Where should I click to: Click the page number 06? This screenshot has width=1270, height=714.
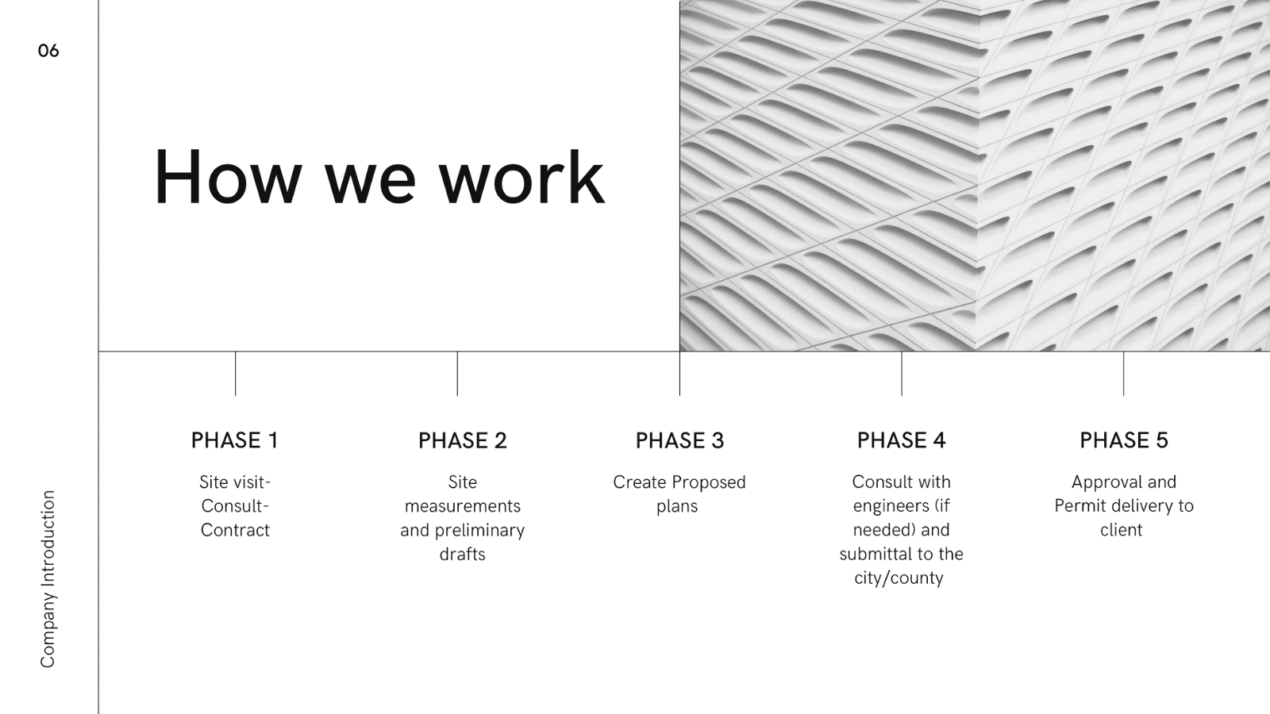[48, 51]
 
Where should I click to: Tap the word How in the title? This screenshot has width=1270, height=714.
[227, 177]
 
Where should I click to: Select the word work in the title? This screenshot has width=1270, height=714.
[521, 177]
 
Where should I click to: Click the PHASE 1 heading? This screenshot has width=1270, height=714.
[235, 440]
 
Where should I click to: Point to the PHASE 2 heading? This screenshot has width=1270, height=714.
[463, 440]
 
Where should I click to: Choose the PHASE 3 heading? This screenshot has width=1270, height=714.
[679, 440]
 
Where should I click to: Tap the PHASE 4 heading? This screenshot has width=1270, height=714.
[902, 440]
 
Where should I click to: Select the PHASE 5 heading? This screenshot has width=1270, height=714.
[1124, 440]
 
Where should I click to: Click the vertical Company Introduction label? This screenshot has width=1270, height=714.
[48, 579]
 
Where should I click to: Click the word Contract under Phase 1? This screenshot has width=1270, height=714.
[235, 531]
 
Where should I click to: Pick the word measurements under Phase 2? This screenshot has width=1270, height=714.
[463, 506]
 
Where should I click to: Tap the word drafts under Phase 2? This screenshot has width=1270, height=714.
[463, 555]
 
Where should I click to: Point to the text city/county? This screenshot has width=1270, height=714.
[899, 578]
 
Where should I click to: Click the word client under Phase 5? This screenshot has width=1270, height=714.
[1122, 531]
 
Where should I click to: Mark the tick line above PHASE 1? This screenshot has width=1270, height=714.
[235, 374]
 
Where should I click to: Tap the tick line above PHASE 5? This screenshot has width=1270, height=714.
[1124, 374]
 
